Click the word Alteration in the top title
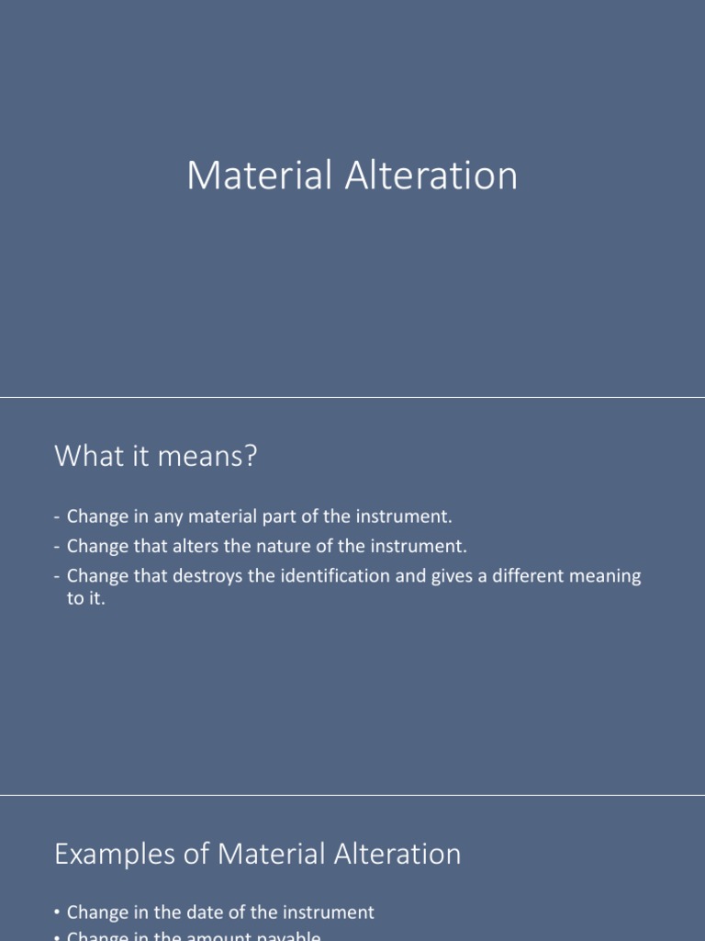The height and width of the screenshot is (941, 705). (431, 176)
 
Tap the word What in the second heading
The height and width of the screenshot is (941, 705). (87, 455)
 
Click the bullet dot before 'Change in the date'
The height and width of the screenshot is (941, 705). (57, 913)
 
